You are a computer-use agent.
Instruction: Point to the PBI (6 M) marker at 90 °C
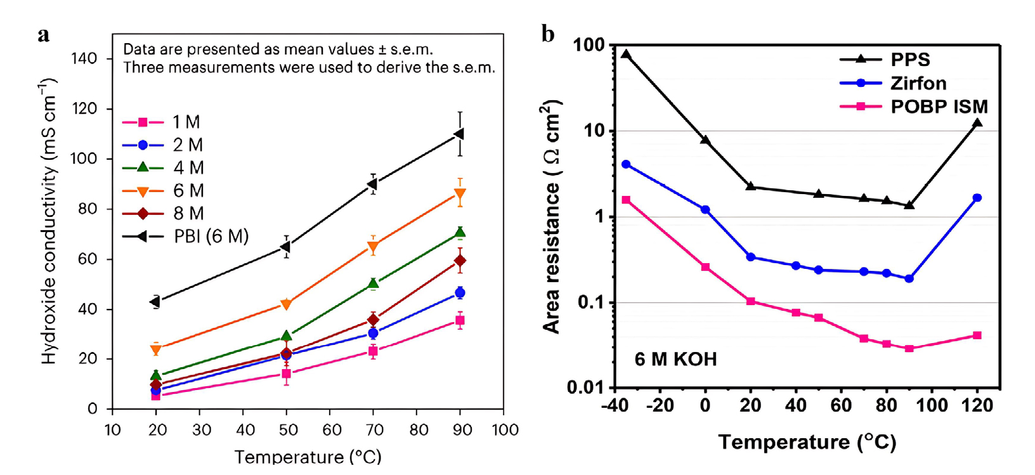[460, 134]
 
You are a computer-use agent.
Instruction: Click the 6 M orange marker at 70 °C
[374, 246]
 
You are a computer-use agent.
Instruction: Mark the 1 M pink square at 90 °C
[460, 321]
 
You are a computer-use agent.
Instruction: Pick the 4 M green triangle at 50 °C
[286, 335]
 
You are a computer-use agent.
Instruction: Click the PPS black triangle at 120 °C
[977, 123]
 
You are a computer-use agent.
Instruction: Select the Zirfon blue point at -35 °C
[626, 164]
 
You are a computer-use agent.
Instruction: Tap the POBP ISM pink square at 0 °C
[705, 268]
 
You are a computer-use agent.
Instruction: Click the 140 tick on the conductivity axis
[84, 59]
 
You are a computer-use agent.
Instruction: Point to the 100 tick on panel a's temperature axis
[505, 431]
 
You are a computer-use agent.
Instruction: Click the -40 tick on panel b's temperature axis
[614, 406]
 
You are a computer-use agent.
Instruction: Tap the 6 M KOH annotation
[675, 360]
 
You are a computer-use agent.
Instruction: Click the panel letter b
[548, 34]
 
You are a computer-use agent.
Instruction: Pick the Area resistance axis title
[552, 216]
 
